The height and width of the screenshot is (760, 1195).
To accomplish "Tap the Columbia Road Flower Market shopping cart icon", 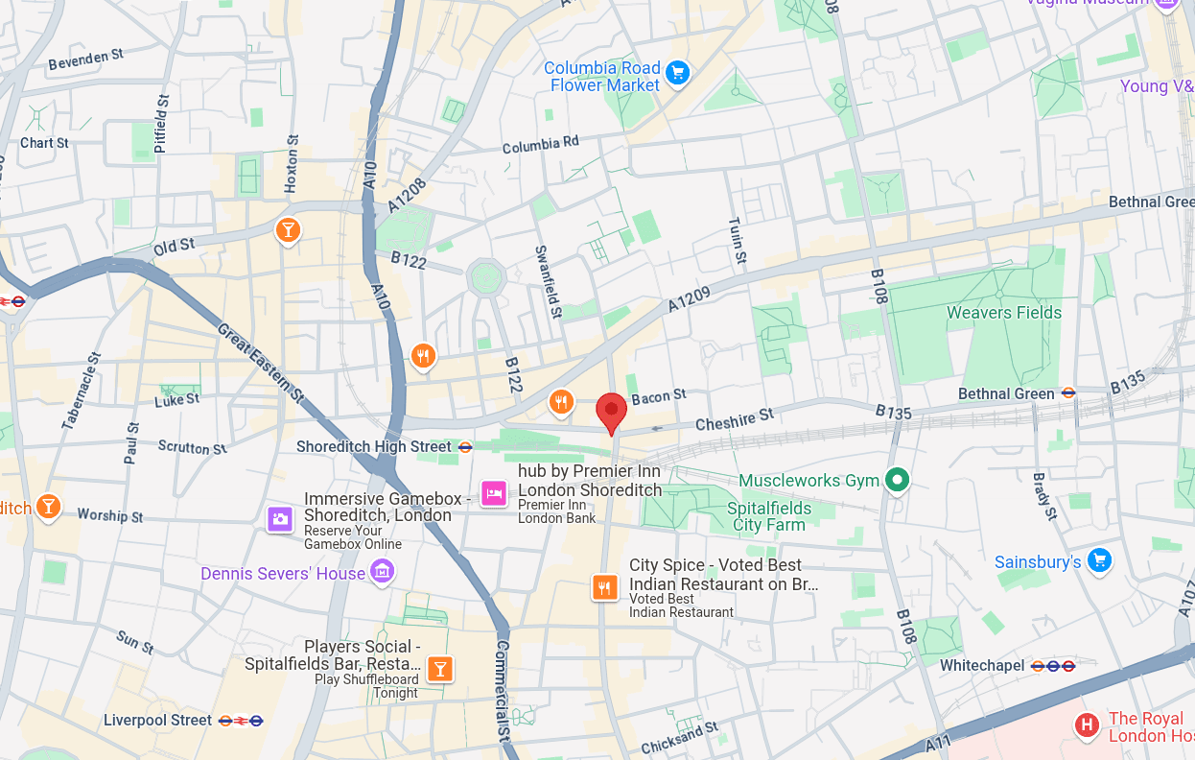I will tap(678, 73).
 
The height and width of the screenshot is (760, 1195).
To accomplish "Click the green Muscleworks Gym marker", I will tap(897, 479).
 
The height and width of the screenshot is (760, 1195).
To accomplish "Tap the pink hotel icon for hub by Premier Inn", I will tap(494, 493).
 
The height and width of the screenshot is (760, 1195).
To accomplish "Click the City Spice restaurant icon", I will tap(603, 586).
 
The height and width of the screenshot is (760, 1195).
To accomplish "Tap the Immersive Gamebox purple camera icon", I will tap(280, 519).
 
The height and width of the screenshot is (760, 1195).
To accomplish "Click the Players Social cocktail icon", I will tap(439, 669).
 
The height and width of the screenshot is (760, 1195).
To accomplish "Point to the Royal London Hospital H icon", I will tap(1087, 725).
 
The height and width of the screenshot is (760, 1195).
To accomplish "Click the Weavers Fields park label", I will tap(1004, 313).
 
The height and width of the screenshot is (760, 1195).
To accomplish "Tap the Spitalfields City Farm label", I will tap(769, 516).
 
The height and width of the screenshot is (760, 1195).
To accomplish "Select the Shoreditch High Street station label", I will tap(373, 447).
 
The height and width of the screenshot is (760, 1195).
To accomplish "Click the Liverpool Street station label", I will tap(157, 720).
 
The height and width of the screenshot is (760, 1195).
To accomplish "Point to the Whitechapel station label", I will tap(982, 665).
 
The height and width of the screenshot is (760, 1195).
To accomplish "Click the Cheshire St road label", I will tap(734, 419).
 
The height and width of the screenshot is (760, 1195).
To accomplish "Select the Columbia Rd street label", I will tap(541, 145).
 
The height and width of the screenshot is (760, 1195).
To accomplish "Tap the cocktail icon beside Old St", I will tap(287, 230).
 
